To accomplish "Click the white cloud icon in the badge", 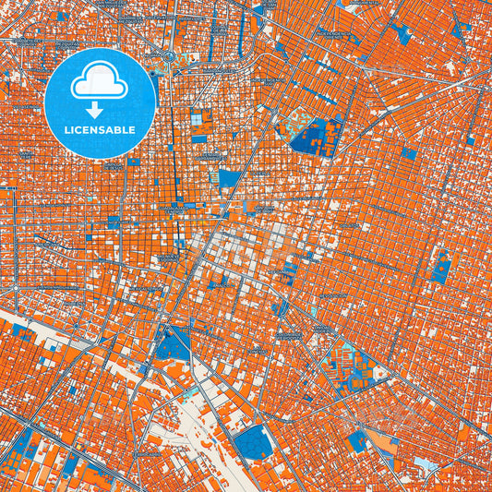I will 100,80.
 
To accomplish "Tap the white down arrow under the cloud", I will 100,105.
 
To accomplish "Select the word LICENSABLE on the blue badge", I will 100,130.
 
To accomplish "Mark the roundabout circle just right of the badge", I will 169,56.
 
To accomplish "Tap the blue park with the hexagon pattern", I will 253,444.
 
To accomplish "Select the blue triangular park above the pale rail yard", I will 173,344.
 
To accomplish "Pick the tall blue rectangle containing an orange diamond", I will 442,267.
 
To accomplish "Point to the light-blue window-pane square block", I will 196,118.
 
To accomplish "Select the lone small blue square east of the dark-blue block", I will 408,153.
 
